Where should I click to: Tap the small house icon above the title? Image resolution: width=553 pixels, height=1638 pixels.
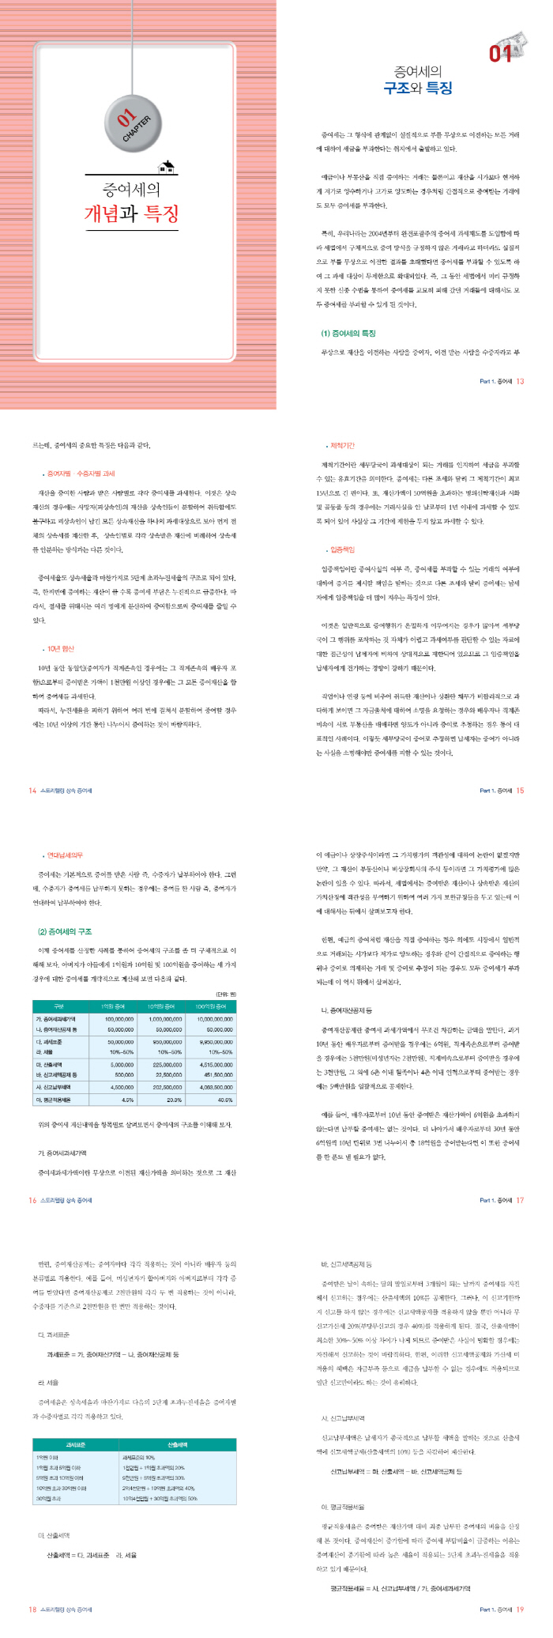pyautogui.click(x=167, y=166)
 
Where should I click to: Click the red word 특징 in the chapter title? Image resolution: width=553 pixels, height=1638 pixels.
pyautogui.click(x=162, y=213)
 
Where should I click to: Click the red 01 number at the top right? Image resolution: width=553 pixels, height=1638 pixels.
pyautogui.click(x=501, y=53)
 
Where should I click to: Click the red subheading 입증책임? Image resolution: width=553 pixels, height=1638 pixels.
pyautogui.click(x=343, y=549)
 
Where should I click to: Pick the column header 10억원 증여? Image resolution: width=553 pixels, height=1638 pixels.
pyautogui.click(x=161, y=1006)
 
